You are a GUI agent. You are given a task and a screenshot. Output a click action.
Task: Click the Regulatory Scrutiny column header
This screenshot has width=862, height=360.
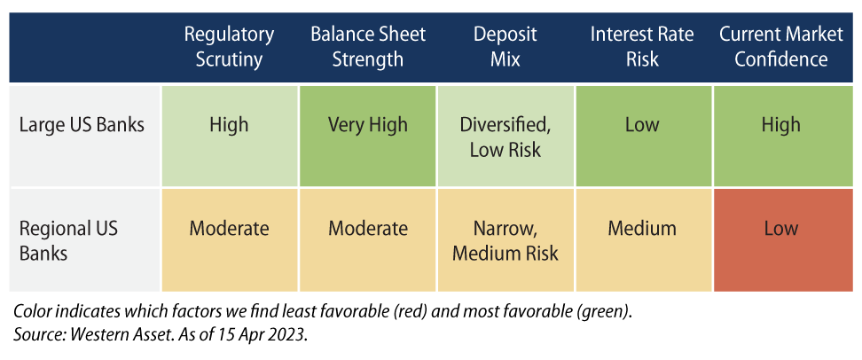[229, 46]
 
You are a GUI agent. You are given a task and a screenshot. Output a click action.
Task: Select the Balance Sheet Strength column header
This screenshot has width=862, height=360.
[368, 46]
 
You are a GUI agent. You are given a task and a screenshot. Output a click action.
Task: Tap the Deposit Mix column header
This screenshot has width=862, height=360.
[505, 46]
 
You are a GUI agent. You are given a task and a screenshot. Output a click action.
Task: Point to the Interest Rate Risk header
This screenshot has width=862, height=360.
[642, 46]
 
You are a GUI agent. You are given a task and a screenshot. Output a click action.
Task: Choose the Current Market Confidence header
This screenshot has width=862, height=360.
[780, 46]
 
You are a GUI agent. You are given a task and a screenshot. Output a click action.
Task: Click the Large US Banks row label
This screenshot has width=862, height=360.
[82, 125]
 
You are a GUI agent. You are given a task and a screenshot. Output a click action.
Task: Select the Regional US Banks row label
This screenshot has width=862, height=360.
[68, 240]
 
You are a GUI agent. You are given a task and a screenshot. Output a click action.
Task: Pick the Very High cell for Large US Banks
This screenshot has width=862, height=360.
[368, 137]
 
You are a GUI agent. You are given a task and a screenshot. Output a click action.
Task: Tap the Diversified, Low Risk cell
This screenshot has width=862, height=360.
[505, 137]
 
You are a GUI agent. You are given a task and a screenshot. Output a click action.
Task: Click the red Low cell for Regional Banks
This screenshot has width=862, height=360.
[782, 240]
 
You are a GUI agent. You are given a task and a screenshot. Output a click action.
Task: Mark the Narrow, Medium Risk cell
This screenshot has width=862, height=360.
[505, 240]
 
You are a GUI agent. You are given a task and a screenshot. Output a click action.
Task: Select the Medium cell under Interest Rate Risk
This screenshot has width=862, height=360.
[644, 240]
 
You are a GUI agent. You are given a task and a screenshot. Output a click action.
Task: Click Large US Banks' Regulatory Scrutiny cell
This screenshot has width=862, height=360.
[229, 137]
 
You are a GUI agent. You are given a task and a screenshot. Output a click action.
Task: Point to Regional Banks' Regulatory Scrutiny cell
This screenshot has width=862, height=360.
[229, 240]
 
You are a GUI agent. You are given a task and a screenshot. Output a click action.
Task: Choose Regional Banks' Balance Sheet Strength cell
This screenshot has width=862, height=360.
[368, 240]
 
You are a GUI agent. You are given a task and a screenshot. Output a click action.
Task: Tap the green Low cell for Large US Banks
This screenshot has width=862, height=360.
[644, 137]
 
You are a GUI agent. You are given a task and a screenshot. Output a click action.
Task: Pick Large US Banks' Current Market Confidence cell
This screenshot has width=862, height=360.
[782, 137]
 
